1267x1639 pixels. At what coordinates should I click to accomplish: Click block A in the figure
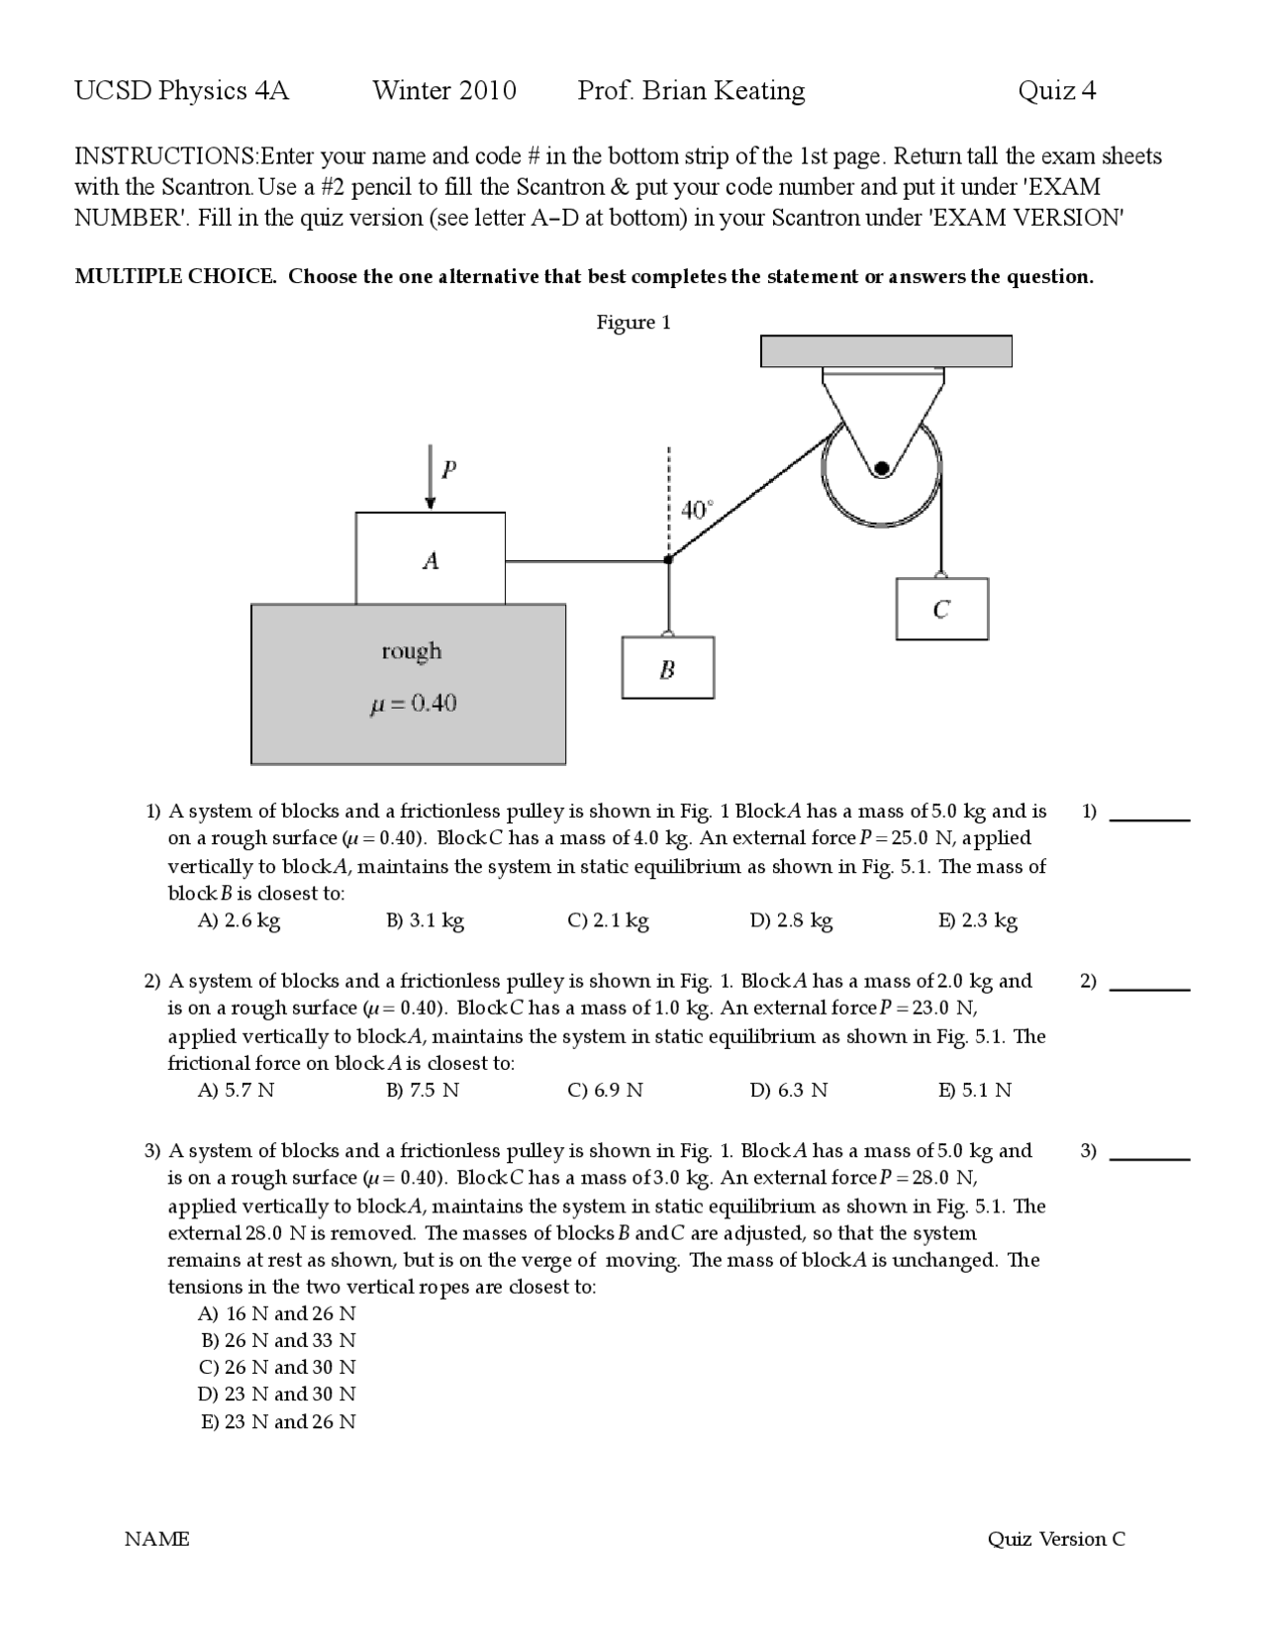430,559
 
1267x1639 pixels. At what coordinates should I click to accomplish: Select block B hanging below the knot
667,669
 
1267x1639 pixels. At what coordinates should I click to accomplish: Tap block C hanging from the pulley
941,609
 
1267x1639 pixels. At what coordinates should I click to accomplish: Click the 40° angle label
696,511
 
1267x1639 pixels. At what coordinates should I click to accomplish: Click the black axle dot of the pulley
881,468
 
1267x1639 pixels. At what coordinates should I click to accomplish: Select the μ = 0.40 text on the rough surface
412,704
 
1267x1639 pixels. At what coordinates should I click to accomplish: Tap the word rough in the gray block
412,651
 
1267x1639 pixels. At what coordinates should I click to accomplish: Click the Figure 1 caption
633,323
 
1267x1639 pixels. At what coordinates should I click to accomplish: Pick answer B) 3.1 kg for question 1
425,920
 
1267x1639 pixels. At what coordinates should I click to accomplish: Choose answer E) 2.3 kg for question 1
977,920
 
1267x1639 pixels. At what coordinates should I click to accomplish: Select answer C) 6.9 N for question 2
605,1091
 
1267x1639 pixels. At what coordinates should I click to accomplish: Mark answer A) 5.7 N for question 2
236,1091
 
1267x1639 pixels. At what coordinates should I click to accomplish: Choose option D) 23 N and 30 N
277,1395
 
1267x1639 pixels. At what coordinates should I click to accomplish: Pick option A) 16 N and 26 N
277,1314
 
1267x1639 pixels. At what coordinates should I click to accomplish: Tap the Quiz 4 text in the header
1056,91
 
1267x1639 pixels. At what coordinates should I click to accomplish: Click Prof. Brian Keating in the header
691,91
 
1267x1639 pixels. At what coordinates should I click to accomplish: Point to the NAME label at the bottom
156,1539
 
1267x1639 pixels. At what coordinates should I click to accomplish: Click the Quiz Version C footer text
1055,1539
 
